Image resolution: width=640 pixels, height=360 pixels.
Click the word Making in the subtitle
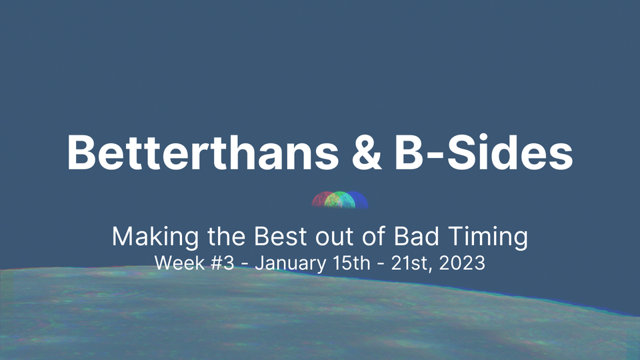145,238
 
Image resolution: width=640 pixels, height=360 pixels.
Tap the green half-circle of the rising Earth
340,200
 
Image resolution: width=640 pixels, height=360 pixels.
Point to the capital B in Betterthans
82,152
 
